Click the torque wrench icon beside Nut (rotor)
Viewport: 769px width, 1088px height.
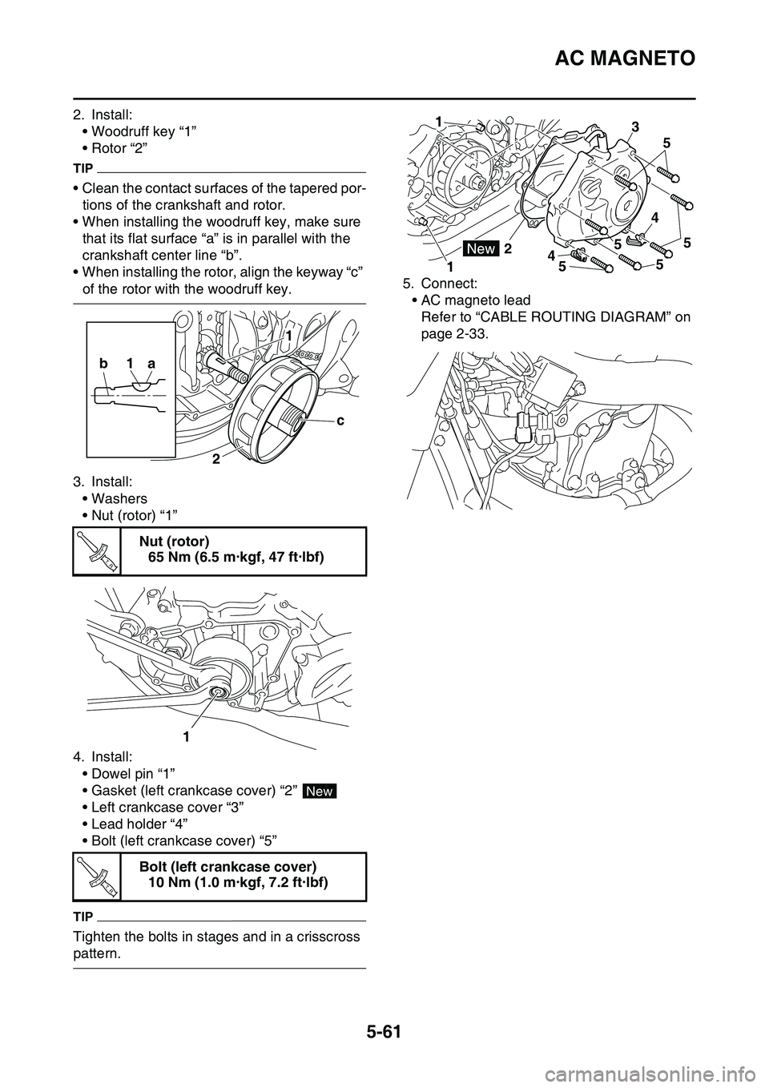point(97,552)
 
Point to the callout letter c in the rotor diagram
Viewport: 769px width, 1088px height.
point(340,419)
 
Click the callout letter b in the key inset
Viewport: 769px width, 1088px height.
point(103,363)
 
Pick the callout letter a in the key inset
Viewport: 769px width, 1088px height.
point(150,363)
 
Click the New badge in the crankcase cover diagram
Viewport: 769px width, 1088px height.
point(482,249)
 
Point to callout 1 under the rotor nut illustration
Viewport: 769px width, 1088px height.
point(184,735)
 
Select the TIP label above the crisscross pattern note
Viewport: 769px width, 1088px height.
point(83,916)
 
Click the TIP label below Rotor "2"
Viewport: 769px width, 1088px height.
point(83,169)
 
